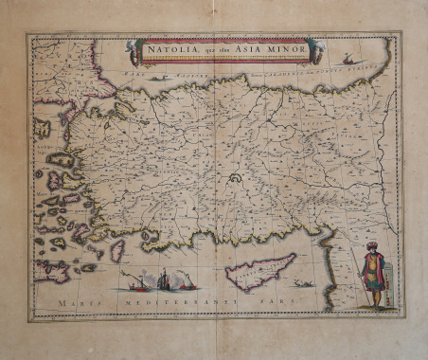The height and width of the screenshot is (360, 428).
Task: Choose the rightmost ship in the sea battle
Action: tap(187, 281)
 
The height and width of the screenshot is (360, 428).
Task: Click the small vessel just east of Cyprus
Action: tap(303, 282)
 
